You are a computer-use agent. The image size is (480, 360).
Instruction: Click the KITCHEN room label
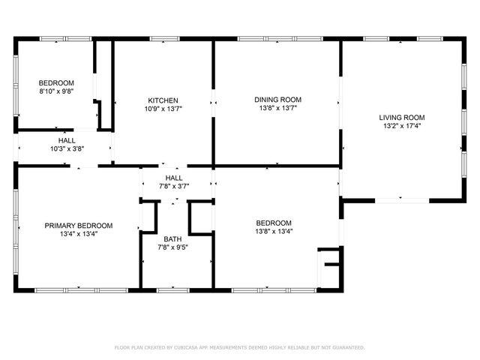[x=163, y=100]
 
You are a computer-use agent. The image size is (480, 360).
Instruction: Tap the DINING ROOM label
[x=277, y=100]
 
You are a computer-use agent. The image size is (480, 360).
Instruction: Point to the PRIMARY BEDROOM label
[x=78, y=225]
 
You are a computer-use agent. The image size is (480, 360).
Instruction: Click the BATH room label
[x=172, y=238]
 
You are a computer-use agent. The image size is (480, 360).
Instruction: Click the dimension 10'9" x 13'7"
[x=163, y=109]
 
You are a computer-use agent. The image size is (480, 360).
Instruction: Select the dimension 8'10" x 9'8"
[x=56, y=91]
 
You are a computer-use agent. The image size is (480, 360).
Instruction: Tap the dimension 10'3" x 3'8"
[x=67, y=148]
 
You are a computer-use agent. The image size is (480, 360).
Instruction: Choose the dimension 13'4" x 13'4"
[x=78, y=233]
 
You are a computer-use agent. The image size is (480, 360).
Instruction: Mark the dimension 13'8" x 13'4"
[x=274, y=231]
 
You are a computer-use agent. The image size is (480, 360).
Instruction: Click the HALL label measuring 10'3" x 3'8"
[x=67, y=140]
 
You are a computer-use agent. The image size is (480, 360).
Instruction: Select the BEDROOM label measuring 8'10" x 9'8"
[x=56, y=82]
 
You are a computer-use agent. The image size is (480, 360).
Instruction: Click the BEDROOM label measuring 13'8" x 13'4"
[x=274, y=223]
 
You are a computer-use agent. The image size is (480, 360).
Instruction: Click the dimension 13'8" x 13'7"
[x=277, y=108]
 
